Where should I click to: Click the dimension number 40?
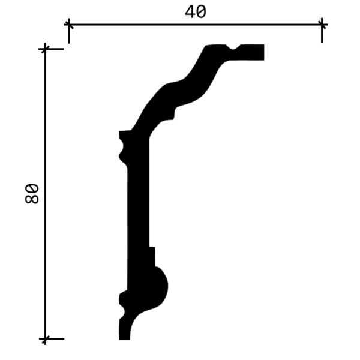tap(196, 12)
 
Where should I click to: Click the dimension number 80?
tap(32, 193)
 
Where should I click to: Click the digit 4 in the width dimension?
tap(190, 12)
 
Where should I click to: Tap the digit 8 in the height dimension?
tap(32, 199)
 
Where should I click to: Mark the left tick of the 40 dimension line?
tap(69, 25)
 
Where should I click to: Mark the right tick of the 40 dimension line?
tap(322, 25)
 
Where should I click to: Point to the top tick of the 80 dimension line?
tap(45, 49)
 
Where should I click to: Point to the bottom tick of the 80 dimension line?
tap(45, 338)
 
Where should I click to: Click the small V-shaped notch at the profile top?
tap(233, 47)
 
